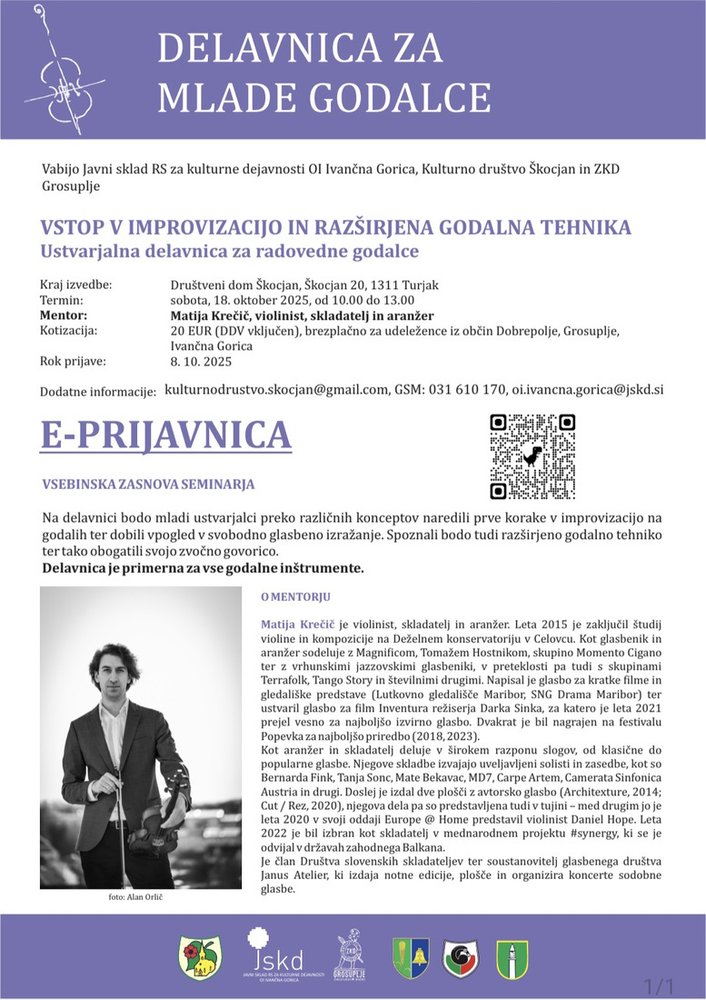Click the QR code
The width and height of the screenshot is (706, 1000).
click(x=532, y=456)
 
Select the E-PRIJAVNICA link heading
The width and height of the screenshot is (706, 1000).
click(x=166, y=435)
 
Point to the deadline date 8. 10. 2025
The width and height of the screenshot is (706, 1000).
click(x=201, y=361)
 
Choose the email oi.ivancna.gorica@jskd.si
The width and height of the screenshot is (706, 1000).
click(x=587, y=389)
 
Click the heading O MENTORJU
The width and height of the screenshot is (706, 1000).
click(x=295, y=597)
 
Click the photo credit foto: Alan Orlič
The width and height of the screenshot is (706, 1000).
click(x=128, y=897)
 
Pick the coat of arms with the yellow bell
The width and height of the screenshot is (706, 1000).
click(x=411, y=957)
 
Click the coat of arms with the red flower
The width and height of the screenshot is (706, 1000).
click(x=200, y=958)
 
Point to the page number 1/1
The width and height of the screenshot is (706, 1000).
click(x=659, y=985)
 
